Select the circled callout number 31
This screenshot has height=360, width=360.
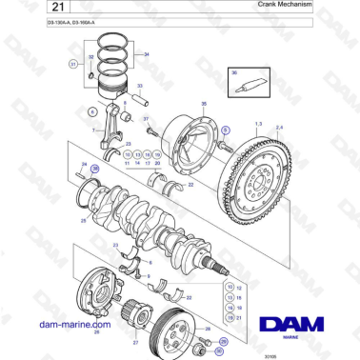coord(73,64)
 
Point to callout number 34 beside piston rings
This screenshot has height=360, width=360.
coord(146,55)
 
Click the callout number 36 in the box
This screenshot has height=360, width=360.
coord(233,72)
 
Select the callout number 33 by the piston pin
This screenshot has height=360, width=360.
coord(139,86)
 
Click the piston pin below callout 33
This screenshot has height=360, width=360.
coord(141,97)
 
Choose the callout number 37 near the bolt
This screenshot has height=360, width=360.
coord(146,118)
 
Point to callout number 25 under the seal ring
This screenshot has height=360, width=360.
coord(83,219)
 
